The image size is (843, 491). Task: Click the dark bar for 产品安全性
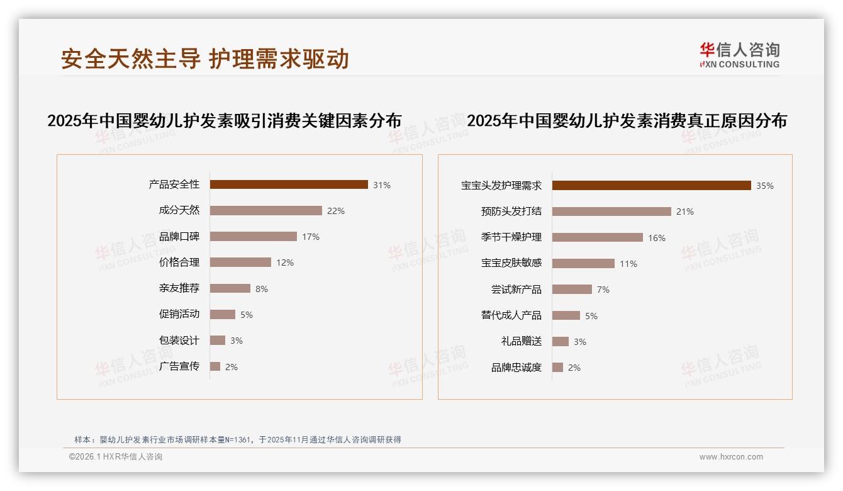point(289,184)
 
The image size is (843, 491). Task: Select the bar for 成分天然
point(265,211)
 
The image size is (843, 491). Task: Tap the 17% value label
point(311,237)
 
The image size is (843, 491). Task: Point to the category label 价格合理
point(179,262)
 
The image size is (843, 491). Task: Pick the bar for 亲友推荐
point(230,288)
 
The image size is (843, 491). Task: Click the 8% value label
point(262,289)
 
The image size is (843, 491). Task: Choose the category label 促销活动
point(179,314)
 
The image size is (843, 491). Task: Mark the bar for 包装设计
point(217,341)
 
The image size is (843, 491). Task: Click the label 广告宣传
point(179,366)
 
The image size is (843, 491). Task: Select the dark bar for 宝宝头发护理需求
point(651,186)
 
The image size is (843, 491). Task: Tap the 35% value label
point(765,186)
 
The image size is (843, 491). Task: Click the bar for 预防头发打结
point(611,212)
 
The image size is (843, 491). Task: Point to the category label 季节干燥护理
point(511,237)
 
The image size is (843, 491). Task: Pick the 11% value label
point(628,264)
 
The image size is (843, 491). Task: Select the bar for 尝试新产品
point(572,290)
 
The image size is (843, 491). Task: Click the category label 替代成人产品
point(511,315)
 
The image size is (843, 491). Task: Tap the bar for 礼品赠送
point(560,341)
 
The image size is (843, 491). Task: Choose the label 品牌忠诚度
point(516,368)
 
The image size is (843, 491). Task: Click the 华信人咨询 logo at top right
point(739,55)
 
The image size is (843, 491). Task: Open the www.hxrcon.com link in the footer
point(731,457)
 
